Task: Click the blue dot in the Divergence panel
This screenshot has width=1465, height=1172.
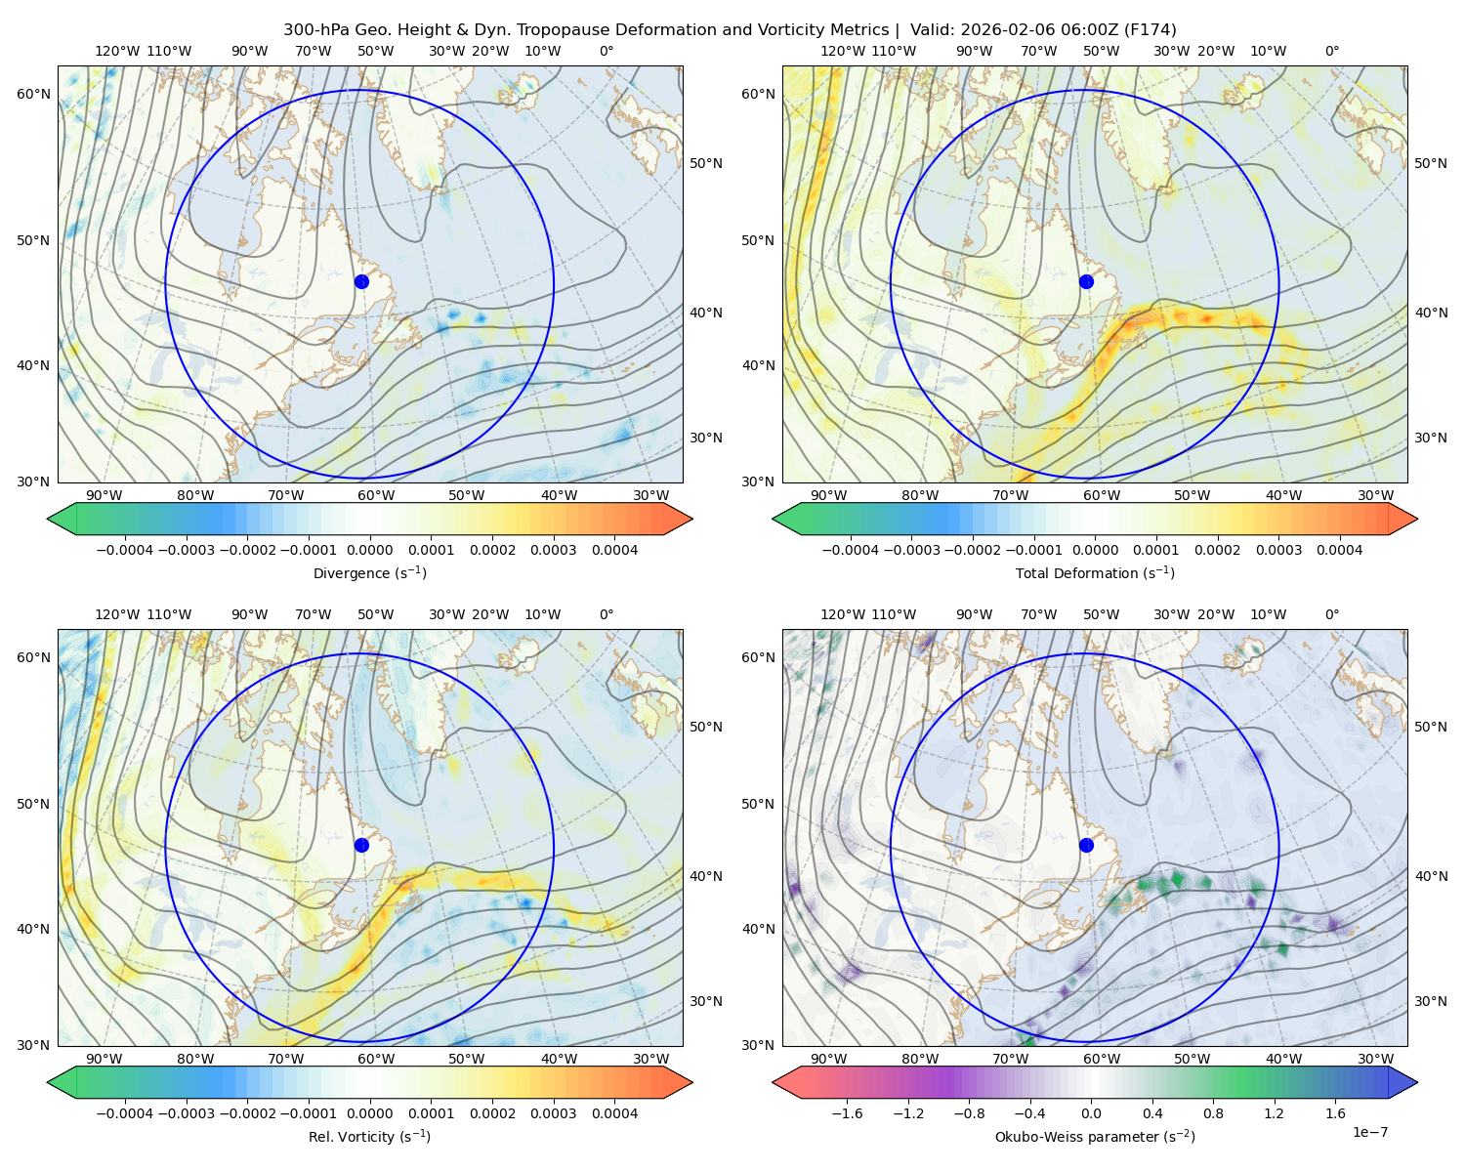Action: (361, 281)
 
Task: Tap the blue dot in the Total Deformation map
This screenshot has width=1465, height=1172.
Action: (1086, 281)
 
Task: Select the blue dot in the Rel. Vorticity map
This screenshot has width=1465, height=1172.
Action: (361, 845)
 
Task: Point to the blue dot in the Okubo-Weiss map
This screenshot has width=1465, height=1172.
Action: (1086, 845)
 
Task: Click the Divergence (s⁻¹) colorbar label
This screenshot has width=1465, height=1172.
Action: (369, 572)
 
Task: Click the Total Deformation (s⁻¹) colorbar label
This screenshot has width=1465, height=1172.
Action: (1095, 572)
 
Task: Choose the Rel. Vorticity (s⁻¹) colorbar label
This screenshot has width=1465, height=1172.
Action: (369, 1136)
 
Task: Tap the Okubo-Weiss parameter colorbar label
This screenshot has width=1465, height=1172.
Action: (1095, 1136)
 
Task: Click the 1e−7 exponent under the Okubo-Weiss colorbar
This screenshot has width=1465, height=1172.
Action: (1369, 1132)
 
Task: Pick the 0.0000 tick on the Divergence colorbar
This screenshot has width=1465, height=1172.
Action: (369, 550)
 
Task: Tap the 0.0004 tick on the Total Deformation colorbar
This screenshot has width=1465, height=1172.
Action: (1339, 550)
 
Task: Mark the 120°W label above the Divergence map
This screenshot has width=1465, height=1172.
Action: (117, 51)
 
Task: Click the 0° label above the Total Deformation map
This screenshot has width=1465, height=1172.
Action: (1331, 51)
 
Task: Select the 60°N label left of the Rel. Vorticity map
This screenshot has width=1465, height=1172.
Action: (33, 657)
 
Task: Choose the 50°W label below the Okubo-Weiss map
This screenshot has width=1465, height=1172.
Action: (1192, 1059)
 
